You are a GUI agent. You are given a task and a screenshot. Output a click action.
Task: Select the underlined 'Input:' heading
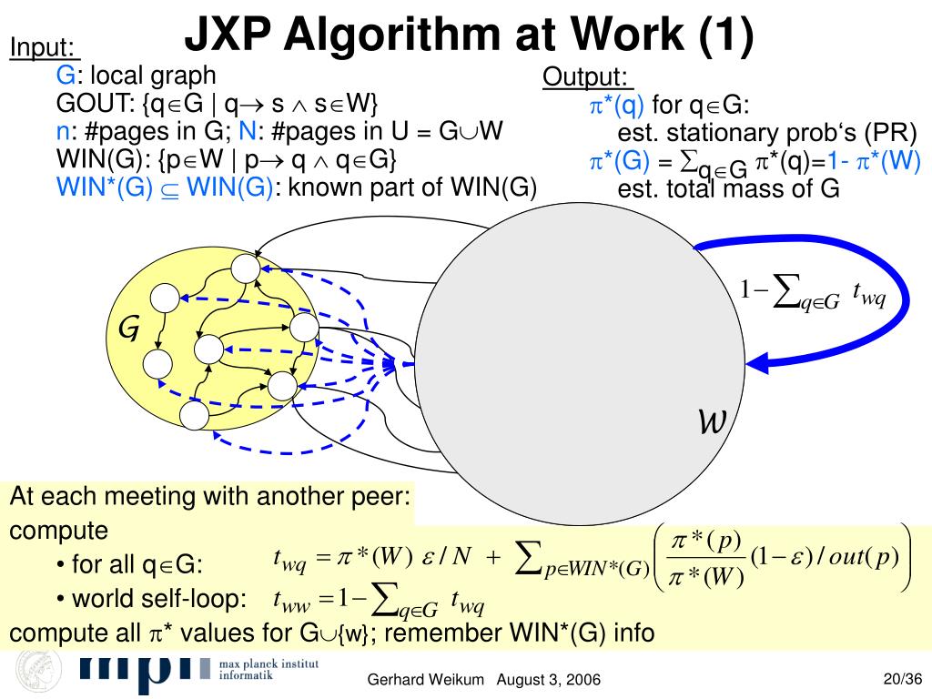click(43, 47)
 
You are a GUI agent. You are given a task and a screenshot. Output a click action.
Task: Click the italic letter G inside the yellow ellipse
click(128, 329)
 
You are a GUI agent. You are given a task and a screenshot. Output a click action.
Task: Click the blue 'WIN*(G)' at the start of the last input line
click(104, 187)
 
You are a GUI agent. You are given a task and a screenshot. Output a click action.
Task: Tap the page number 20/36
click(903, 678)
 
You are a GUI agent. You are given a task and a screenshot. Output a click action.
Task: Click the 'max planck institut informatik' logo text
click(269, 672)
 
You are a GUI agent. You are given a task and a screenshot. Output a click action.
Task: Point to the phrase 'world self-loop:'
click(159, 599)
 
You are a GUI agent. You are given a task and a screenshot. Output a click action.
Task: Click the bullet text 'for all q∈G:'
click(137, 564)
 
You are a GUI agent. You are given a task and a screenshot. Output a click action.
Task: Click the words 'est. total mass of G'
click(727, 189)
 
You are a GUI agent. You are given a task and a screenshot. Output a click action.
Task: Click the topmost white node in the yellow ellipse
click(245, 268)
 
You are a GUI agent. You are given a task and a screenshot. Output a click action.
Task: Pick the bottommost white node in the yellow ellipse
click(195, 416)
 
